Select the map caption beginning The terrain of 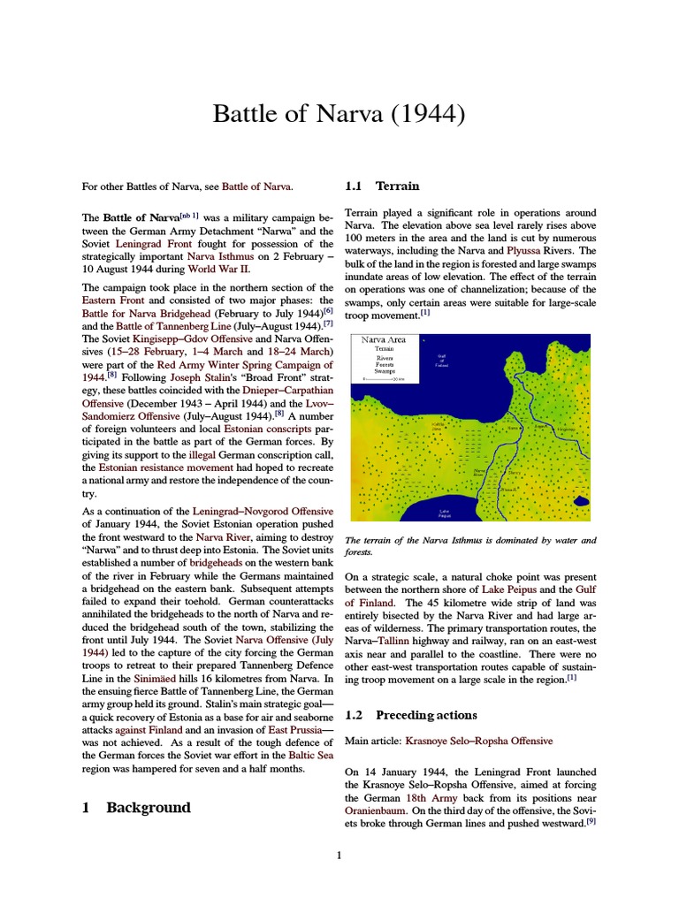[469, 545]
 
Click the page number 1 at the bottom [339, 855]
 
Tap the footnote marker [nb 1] [190, 215]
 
